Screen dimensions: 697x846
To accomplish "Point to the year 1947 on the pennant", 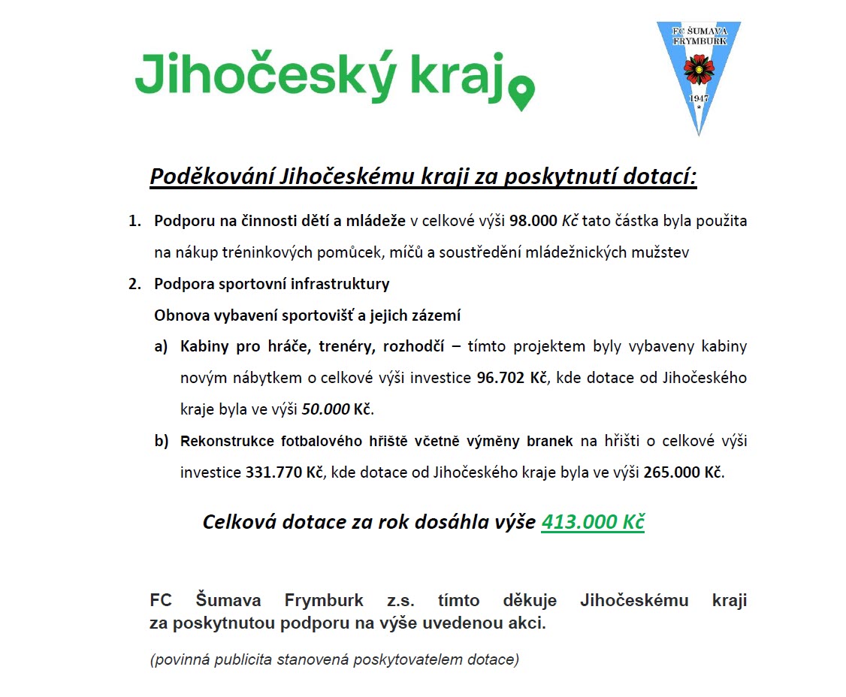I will [699, 99].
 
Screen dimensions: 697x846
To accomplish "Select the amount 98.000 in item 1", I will [533, 222].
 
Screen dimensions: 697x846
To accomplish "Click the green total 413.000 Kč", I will [593, 522].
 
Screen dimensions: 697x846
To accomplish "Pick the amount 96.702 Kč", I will [511, 378].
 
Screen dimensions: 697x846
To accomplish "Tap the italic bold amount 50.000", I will [325, 410].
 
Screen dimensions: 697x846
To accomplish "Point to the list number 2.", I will [134, 285].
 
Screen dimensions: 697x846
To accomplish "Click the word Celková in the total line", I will [239, 522].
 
